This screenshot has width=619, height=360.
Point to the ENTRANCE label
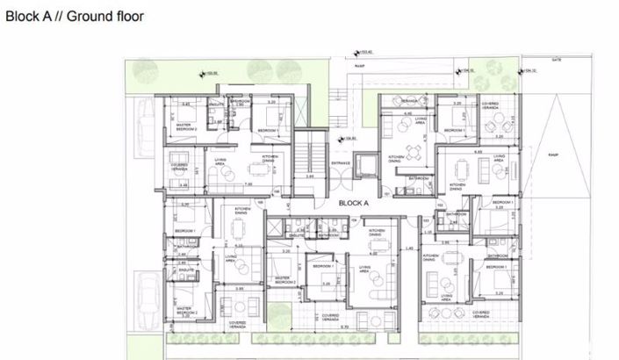pyautogui.click(x=342, y=162)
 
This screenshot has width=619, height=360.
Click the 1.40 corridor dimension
pyautogui.click(x=410, y=248)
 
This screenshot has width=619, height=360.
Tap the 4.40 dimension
pyautogui.click(x=407, y=113)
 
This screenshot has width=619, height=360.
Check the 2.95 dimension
pyautogui.click(x=311, y=176)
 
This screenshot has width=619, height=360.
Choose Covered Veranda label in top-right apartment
pyautogui.click(x=491, y=104)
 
